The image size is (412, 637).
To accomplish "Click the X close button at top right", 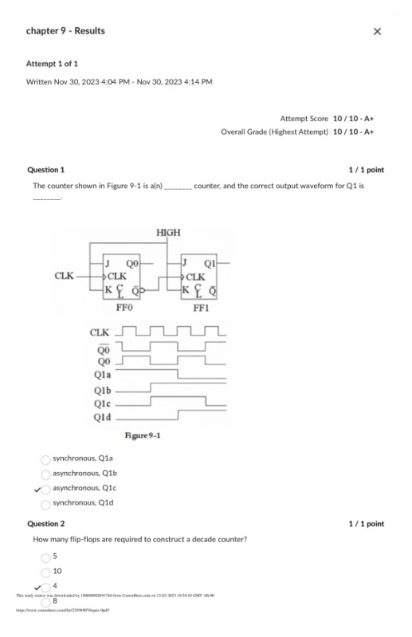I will click(377, 31).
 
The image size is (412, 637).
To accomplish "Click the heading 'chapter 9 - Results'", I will click(65, 31).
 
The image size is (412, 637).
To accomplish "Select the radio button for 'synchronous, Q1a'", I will click(45, 459).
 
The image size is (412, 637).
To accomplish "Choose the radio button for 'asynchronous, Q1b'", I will click(45, 474).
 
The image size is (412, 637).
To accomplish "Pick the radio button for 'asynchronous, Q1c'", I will click(45, 489).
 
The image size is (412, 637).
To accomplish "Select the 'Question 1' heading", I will click(46, 170).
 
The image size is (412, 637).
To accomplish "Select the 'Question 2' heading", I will click(46, 524).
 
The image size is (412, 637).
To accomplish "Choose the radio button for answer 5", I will click(45, 556).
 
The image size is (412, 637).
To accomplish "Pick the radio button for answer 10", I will click(45, 572).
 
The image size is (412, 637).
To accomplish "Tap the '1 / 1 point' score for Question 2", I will click(366, 524).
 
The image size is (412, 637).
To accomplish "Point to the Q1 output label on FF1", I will click(210, 263).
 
